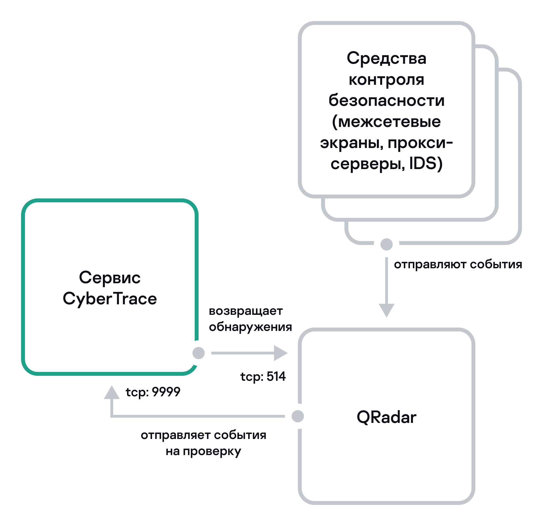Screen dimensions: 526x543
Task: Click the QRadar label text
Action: (386, 417)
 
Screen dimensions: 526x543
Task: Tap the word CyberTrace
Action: (110, 299)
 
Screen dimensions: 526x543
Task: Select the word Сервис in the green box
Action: (110, 277)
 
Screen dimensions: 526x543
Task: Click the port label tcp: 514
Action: (263, 376)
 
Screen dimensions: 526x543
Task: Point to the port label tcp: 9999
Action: (153, 392)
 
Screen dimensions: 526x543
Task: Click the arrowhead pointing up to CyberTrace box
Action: (111, 393)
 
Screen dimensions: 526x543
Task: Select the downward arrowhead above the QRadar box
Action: (386, 310)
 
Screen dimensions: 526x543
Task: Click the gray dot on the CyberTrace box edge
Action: (199, 353)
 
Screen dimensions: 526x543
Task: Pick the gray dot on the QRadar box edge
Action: (298, 416)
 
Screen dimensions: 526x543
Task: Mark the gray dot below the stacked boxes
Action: (386, 244)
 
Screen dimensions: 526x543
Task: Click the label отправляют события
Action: (458, 264)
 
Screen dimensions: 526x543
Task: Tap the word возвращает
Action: (246, 311)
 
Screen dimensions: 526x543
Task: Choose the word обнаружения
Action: (250, 327)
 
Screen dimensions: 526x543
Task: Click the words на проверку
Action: (203, 451)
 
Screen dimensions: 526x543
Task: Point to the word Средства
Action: (386, 58)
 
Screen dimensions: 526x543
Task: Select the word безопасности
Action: (386, 100)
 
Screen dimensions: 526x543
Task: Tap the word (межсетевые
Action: (386, 121)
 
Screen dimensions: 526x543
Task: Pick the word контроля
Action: (386, 80)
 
